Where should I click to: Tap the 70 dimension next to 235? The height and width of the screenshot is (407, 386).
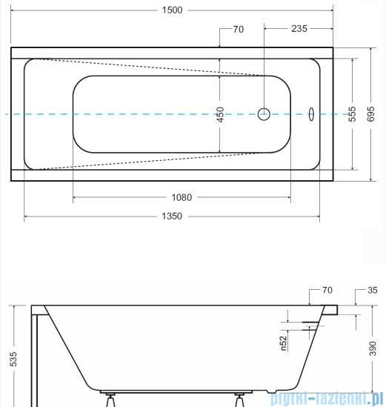238,30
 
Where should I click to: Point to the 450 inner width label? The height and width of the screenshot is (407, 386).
220,114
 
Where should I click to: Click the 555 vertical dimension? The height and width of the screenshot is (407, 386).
353,114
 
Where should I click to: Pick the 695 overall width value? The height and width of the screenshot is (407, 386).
372,114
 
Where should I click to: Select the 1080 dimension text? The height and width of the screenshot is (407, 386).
182,197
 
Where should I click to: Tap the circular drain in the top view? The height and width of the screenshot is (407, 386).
264,114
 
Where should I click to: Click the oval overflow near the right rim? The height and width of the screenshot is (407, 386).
311,114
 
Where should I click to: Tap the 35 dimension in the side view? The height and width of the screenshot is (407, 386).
372,290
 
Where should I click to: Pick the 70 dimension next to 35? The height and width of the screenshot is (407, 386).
327,290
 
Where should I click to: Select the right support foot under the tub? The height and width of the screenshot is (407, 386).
241,398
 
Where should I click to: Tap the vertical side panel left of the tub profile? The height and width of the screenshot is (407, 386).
33,356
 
